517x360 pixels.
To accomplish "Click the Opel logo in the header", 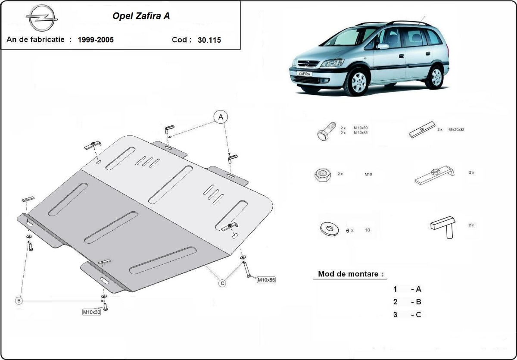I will click(42, 18).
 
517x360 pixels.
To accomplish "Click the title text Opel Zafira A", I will click(141, 16).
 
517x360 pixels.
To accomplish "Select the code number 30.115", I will click(209, 40).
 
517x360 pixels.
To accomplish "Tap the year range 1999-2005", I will click(96, 40).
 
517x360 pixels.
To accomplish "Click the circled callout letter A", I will click(220, 116).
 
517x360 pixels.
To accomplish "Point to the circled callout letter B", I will click(19, 301).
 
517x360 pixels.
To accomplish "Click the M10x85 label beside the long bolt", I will click(266, 279).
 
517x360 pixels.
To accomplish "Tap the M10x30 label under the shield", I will click(91, 312).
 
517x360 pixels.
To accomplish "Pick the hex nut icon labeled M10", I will click(322, 175).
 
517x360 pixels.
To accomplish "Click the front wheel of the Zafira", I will click(357, 82).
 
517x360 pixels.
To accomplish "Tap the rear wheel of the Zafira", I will click(436, 77).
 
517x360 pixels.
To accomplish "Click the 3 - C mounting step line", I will click(407, 314).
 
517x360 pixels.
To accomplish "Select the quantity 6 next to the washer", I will click(348, 231).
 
